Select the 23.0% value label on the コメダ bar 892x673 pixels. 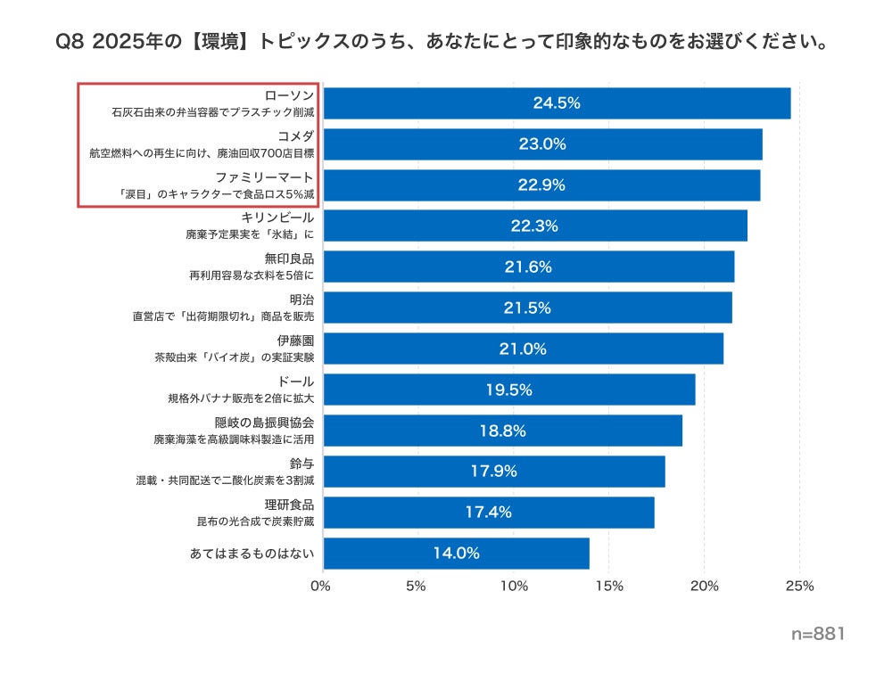click(x=543, y=144)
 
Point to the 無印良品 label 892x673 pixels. click(x=290, y=259)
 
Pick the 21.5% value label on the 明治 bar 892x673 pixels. click(x=528, y=308)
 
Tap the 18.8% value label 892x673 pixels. click(x=503, y=431)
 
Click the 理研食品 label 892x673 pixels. click(x=290, y=505)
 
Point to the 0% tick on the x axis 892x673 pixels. click(x=320, y=587)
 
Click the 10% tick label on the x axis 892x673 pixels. click(x=514, y=587)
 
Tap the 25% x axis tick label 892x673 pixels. click(x=800, y=587)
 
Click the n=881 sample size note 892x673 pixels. click(x=817, y=634)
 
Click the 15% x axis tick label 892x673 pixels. click(x=609, y=587)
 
